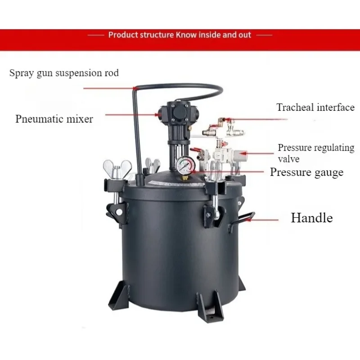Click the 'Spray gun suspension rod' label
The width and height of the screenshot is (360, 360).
(64, 72)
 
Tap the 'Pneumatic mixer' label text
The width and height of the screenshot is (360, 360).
(54, 119)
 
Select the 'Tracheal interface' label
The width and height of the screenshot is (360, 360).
(315, 108)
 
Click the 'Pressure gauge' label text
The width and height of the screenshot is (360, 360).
(306, 172)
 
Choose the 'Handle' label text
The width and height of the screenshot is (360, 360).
(311, 218)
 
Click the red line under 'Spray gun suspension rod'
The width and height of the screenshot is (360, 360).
(108, 88)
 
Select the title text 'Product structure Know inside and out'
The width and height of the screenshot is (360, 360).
(180, 35)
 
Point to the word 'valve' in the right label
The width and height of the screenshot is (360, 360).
(288, 159)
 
